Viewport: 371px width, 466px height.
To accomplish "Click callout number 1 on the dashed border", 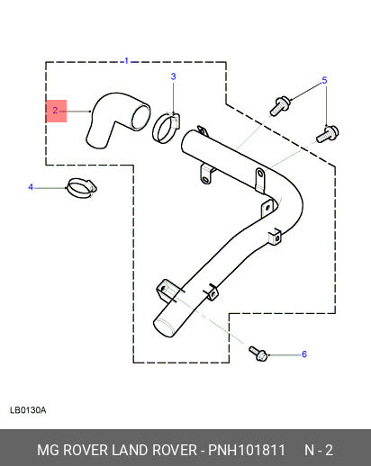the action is pos(126,61).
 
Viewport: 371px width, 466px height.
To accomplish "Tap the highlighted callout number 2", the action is pos(55,111).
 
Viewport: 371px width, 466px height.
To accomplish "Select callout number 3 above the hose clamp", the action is pos(173,76).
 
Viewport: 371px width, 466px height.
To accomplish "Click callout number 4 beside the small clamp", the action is pos(31,187).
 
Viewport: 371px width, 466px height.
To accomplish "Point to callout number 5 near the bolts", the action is pos(324,80).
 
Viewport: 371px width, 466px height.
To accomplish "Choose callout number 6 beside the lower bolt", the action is pos(304,354).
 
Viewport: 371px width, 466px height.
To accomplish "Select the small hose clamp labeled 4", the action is pos(82,188).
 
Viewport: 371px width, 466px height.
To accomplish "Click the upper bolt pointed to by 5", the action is pos(280,106).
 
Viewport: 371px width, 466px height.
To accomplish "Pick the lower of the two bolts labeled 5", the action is pos(328,134).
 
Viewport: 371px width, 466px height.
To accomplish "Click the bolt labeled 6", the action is pos(258,354).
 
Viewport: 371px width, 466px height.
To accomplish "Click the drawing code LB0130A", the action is pos(28,410).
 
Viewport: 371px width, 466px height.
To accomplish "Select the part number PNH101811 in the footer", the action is pos(247,450).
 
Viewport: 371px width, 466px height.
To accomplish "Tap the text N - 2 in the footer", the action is pos(319,450).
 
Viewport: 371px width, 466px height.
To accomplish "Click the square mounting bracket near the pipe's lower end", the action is pos(166,291).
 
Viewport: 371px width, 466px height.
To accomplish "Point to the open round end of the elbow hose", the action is pos(140,117).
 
